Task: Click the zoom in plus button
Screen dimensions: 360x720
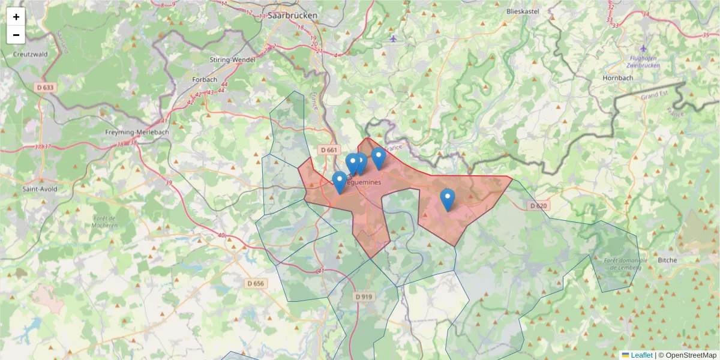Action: pos(16,17)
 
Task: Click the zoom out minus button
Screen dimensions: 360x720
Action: pos(16,35)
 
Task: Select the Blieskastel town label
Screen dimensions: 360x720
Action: pos(523,11)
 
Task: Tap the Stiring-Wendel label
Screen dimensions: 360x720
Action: pos(233,59)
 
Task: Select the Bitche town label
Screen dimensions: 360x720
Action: pos(667,260)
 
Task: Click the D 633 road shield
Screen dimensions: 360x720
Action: pos(45,87)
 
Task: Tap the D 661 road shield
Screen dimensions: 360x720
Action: pos(329,149)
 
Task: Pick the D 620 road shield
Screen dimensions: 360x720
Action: pos(538,206)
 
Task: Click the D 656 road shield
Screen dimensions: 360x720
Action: pos(255,283)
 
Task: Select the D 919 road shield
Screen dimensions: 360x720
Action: pos(364,296)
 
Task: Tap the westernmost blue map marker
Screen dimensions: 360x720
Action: pos(339,182)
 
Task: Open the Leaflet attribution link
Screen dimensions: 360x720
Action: pos(641,355)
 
